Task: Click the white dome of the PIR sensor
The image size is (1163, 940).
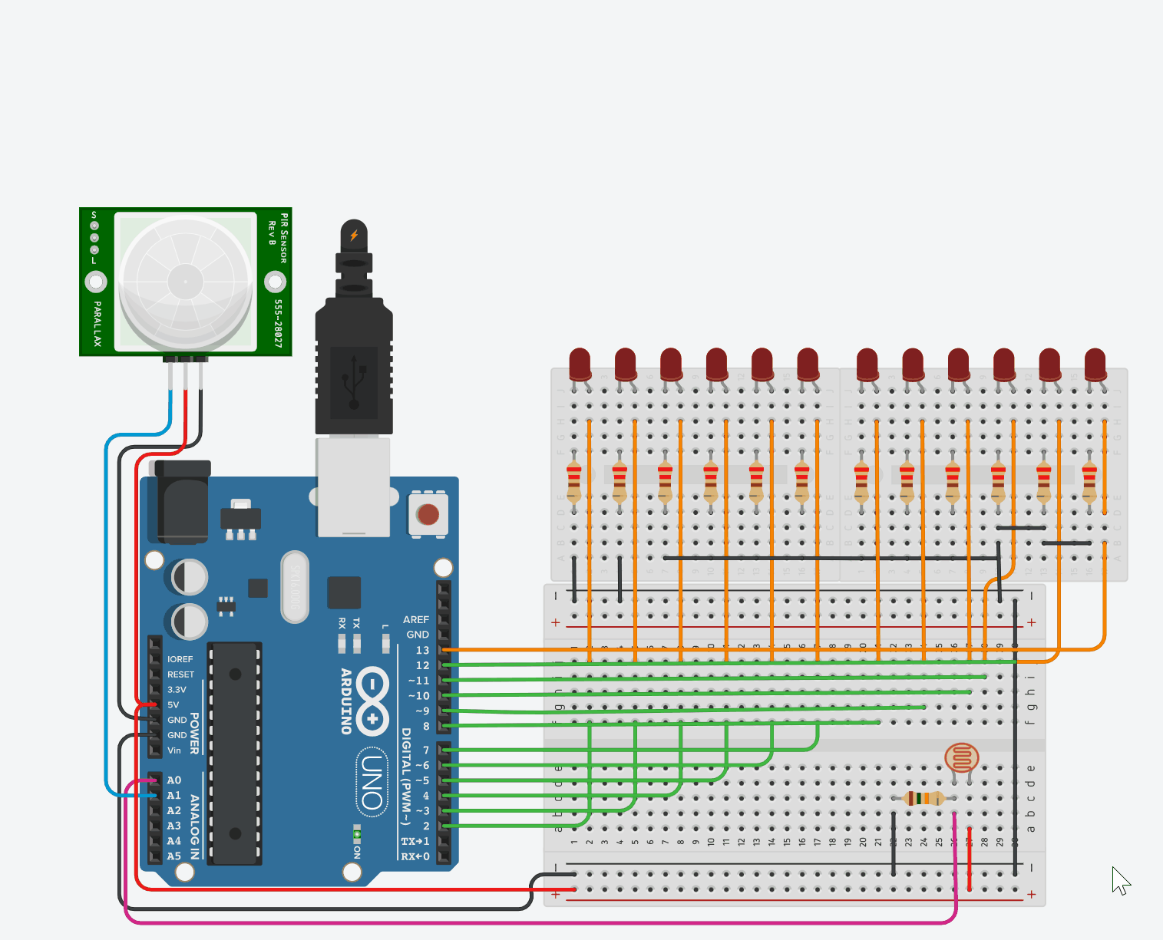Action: click(x=185, y=282)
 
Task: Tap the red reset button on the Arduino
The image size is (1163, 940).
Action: click(x=428, y=514)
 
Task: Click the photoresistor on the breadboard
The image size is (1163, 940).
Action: click(x=961, y=758)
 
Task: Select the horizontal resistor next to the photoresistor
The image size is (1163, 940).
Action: click(x=924, y=798)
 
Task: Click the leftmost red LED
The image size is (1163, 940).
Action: click(x=580, y=364)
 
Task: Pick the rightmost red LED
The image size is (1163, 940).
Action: click(x=1095, y=364)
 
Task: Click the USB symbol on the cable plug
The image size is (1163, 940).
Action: click(x=354, y=381)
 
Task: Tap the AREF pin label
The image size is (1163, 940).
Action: click(x=416, y=619)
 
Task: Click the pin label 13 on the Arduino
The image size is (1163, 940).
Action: click(x=422, y=650)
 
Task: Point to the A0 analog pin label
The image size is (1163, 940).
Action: click(x=174, y=780)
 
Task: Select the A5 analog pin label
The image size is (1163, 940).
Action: click(x=174, y=856)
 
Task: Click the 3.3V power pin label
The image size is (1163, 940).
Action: click(x=177, y=690)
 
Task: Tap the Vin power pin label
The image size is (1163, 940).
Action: click(x=174, y=750)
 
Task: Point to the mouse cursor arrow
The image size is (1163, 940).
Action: click(x=1121, y=880)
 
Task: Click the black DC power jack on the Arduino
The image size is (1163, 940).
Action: click(x=183, y=503)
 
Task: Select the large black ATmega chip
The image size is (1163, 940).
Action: click(x=236, y=753)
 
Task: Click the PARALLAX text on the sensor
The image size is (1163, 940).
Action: click(x=97, y=323)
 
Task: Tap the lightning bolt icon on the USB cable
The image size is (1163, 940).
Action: click(x=354, y=235)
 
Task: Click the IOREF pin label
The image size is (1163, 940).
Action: click(x=180, y=659)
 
